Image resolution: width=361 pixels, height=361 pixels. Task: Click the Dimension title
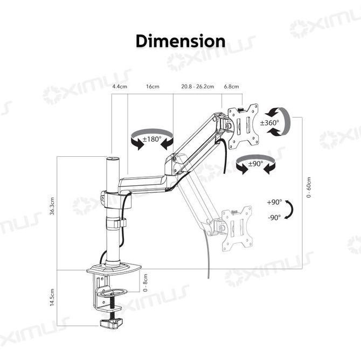180,41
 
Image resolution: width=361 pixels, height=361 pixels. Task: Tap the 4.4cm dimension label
120,87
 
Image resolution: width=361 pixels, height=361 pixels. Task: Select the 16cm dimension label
152,87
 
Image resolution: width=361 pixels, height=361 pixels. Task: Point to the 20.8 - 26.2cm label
198,87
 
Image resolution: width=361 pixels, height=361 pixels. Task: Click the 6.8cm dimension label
231,87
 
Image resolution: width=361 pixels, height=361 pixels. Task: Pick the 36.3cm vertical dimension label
52,206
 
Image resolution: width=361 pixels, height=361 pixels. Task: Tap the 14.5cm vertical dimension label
52,297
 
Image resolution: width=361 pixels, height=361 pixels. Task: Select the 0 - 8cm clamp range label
145,283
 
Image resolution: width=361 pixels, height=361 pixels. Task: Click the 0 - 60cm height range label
309,187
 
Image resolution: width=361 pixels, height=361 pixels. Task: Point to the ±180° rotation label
152,139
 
